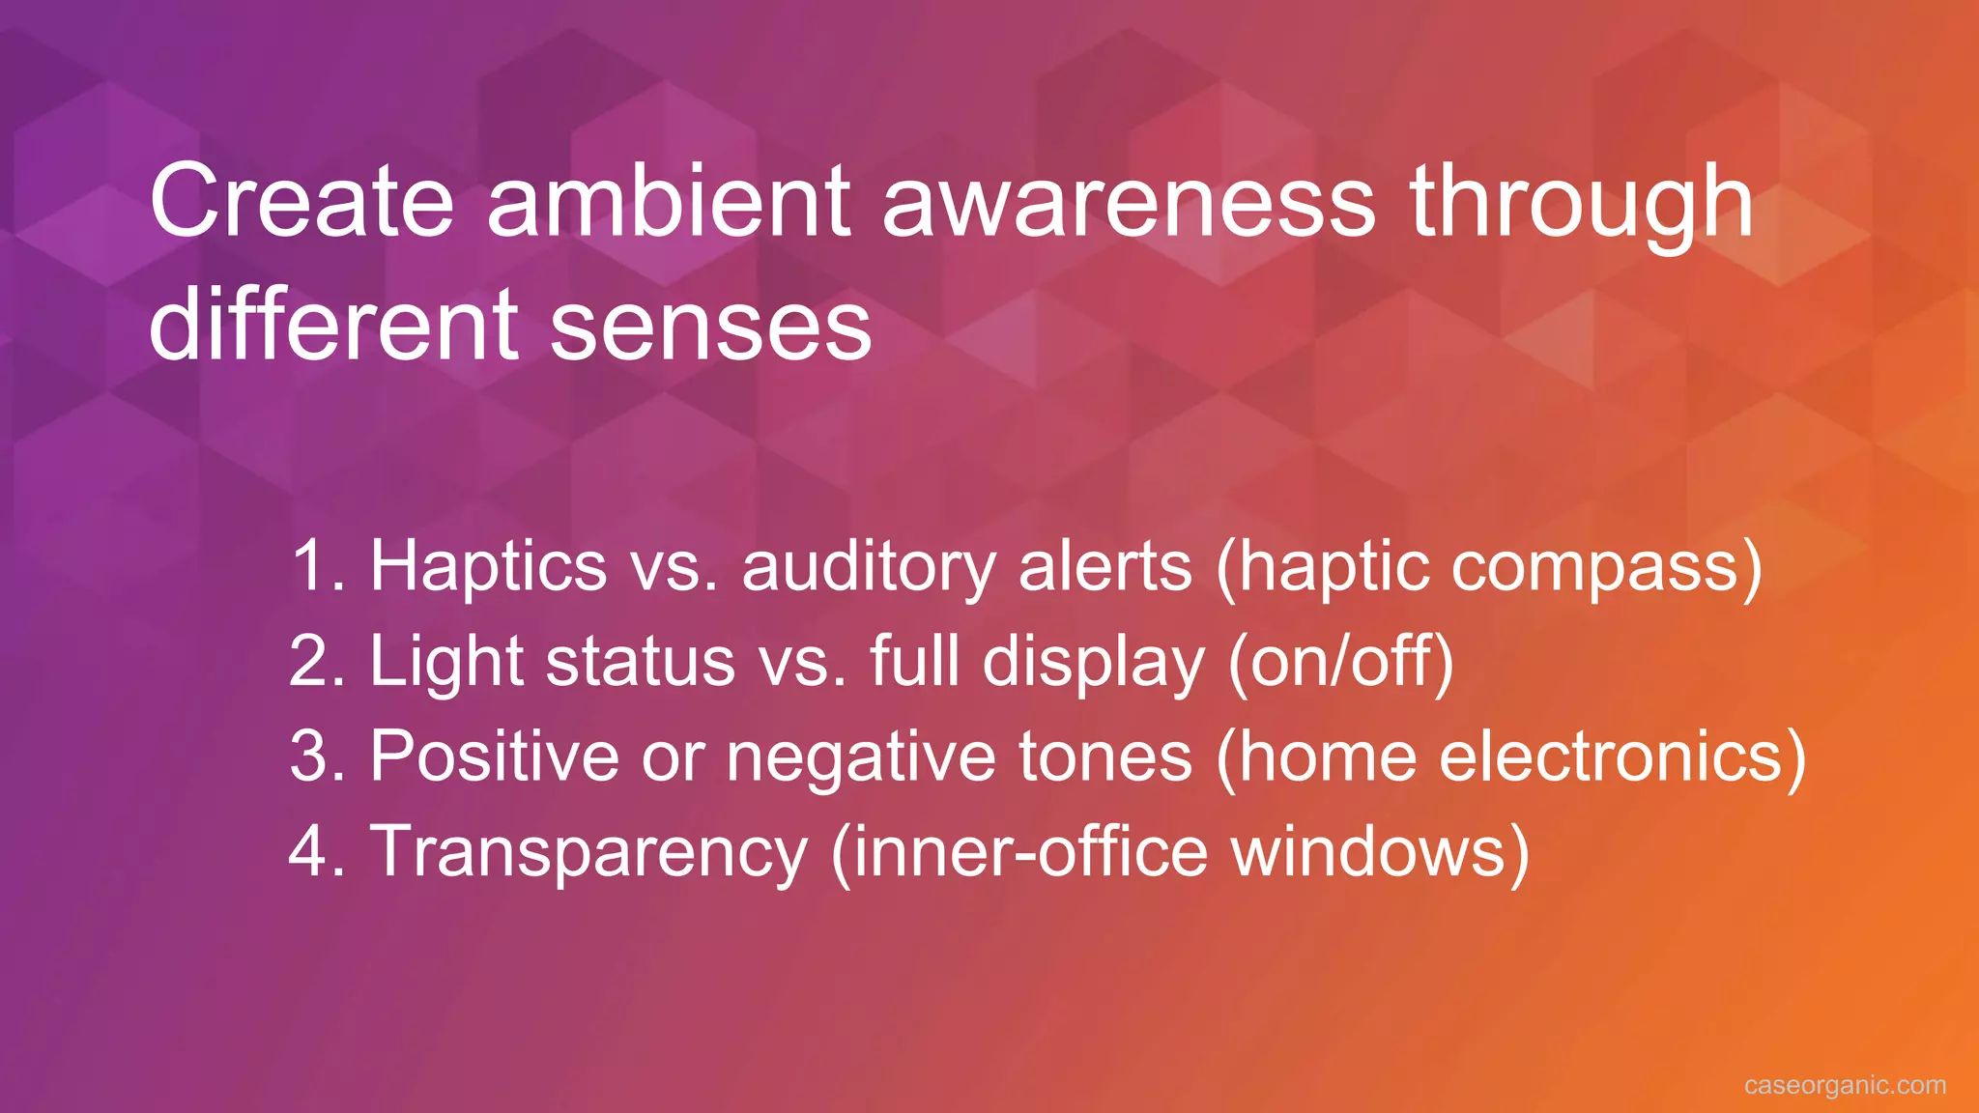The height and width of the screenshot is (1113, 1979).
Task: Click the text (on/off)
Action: coord(1340,661)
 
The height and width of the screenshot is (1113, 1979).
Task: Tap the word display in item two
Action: coord(1093,661)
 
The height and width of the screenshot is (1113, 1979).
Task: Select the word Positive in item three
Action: coord(494,756)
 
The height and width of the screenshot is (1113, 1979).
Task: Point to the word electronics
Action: coord(1609,756)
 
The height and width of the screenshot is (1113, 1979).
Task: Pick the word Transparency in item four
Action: coord(588,851)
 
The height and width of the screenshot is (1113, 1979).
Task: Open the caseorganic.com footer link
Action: coord(1845,1085)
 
